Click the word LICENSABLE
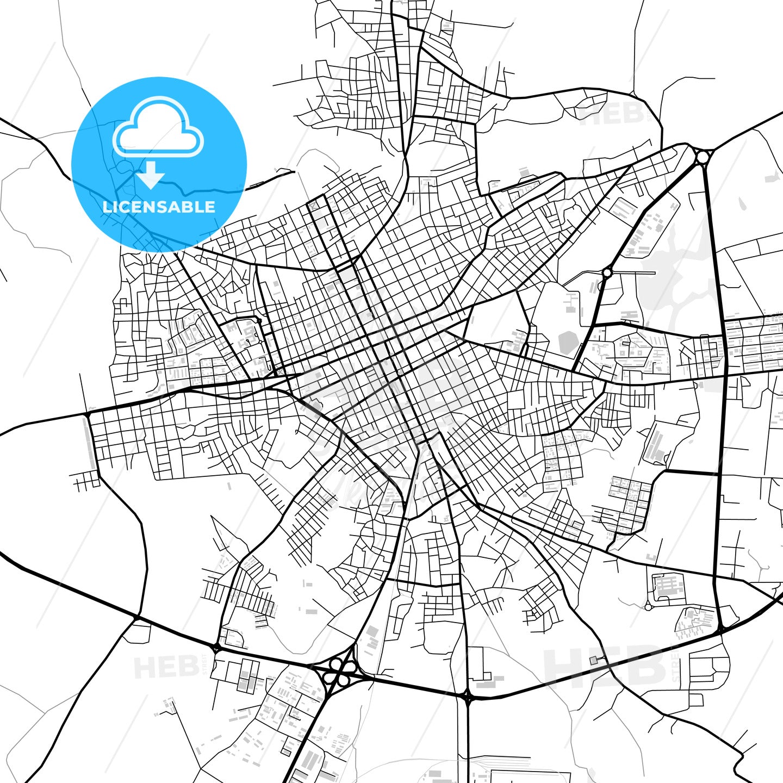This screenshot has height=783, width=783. point(159,207)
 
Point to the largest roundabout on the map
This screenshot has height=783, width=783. point(703,157)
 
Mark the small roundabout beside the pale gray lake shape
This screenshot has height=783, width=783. point(607,272)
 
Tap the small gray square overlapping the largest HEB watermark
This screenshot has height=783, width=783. point(593,660)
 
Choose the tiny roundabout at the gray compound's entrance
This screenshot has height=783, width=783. point(648,606)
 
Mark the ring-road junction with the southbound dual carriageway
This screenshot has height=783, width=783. point(467,695)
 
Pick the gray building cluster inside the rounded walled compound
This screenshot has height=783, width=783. point(668,586)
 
